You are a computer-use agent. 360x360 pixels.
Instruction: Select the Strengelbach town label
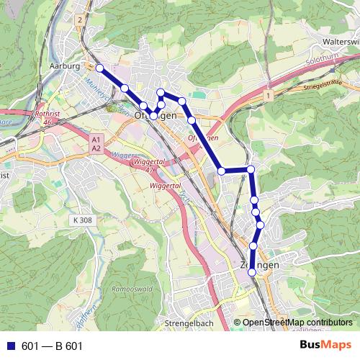pos(189,323)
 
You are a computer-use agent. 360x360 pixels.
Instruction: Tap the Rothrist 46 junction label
pos(46,117)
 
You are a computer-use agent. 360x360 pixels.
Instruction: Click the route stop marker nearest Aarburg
pos(99,68)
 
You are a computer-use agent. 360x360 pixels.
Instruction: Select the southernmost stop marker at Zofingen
pos(252,273)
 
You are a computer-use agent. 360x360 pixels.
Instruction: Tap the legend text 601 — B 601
pos(53,346)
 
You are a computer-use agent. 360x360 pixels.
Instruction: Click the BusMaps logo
pos(322,345)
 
